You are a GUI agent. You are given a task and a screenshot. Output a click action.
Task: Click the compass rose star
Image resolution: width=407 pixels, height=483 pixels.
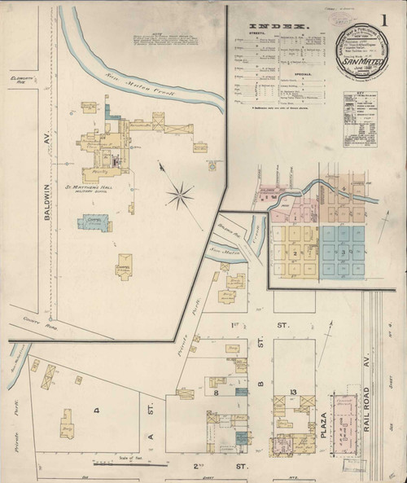tap(180, 195)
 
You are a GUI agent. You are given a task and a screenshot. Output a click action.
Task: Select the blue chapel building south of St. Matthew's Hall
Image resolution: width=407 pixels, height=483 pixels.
tap(94, 222)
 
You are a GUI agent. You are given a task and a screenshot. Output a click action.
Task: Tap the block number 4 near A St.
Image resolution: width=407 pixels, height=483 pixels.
tap(95, 411)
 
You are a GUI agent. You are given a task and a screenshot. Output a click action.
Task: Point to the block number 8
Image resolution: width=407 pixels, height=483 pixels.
tap(217, 393)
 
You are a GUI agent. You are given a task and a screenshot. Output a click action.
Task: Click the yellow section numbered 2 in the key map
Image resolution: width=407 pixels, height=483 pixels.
tap(291, 252)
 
